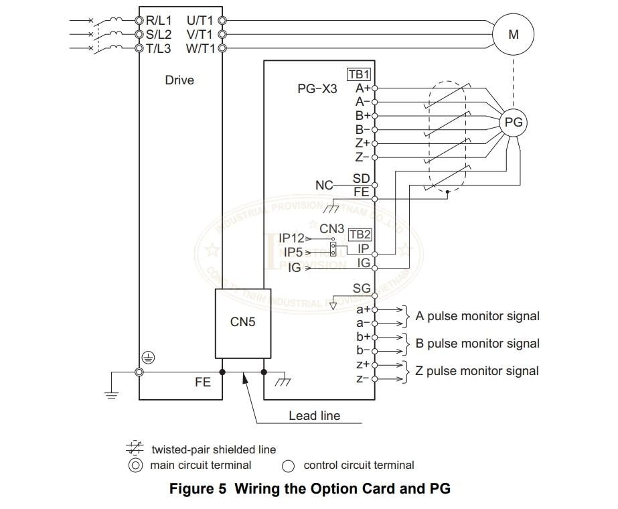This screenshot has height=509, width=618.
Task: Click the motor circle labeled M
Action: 514,34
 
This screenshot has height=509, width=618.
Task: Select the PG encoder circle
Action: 514,123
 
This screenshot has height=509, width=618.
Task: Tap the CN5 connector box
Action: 242,323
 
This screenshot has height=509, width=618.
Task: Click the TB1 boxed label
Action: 359,74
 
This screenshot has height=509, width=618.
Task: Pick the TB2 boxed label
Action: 360,234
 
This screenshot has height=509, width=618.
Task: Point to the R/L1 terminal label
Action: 159,20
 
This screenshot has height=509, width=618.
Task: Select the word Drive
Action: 179,80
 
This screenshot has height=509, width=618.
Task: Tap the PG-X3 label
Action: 317,88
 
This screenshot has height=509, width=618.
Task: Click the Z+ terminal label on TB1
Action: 362,143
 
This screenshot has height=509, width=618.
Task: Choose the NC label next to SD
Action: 324,185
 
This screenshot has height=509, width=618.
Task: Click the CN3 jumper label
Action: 331,229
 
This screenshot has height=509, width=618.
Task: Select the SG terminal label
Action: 362,289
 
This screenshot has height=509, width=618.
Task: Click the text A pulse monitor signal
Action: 477,316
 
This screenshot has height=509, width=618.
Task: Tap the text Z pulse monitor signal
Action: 477,371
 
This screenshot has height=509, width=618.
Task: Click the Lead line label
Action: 314,416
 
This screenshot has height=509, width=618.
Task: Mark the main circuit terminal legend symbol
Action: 136,465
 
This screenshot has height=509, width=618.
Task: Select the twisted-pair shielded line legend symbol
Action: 135,449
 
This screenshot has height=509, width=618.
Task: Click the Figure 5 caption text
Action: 309,489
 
